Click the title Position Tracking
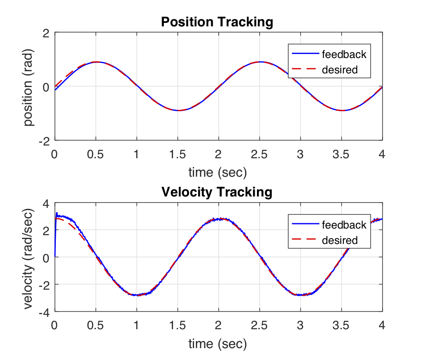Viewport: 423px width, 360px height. pos(217,22)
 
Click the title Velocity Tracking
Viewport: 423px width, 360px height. pos(217,192)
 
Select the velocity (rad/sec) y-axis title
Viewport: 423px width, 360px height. pos(29,257)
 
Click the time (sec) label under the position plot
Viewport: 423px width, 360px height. pos(218,173)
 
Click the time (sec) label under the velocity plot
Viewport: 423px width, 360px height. pos(218,343)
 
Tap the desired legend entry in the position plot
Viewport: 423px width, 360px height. pos(340,69)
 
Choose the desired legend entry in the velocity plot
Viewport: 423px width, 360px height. pos(340,240)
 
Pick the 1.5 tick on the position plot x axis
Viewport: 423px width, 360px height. pos(177,154)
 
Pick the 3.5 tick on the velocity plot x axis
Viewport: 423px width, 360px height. pos(341,325)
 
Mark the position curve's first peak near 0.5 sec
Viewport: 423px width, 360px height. pos(96,62)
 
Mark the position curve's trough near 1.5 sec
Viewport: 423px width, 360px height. pos(178,110)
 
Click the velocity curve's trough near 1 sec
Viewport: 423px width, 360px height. pos(137,295)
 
